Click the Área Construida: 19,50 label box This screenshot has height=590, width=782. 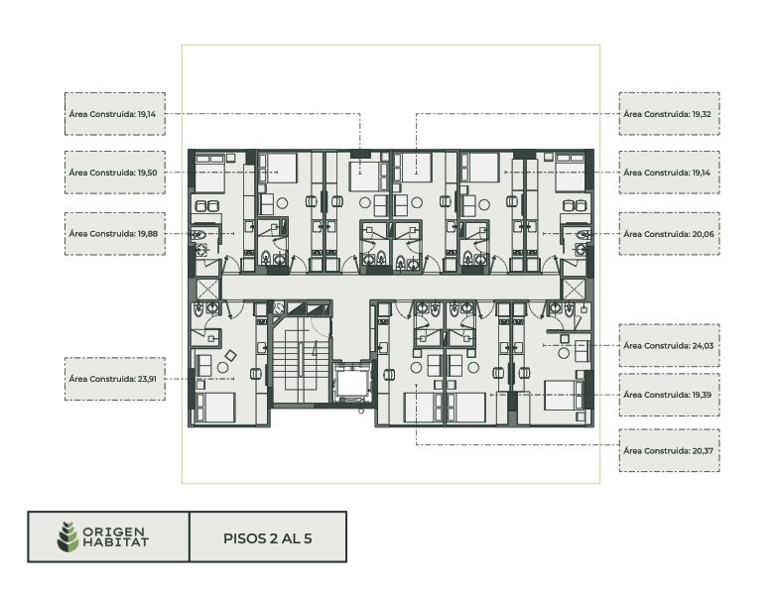click(115, 173)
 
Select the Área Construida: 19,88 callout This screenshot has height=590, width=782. click(115, 234)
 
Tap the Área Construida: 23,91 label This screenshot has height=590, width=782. click(115, 379)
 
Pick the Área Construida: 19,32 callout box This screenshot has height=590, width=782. click(669, 114)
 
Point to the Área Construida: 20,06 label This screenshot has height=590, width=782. click(669, 234)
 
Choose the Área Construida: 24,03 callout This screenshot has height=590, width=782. click(669, 345)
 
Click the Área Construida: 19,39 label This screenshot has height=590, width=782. click(669, 395)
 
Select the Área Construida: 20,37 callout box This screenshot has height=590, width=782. click(669, 450)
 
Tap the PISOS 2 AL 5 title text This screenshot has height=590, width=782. click(268, 538)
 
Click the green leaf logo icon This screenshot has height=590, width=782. click(67, 536)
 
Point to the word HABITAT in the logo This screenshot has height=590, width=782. click(116, 542)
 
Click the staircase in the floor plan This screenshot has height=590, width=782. click(301, 360)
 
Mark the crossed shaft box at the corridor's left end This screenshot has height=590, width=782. click(207, 289)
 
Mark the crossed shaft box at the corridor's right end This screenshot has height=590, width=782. click(574, 289)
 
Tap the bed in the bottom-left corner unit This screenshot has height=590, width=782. click(215, 409)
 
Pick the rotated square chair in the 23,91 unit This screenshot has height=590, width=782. click(231, 356)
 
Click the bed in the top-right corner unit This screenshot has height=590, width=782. click(570, 173)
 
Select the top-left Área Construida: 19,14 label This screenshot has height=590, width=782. click(115, 114)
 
